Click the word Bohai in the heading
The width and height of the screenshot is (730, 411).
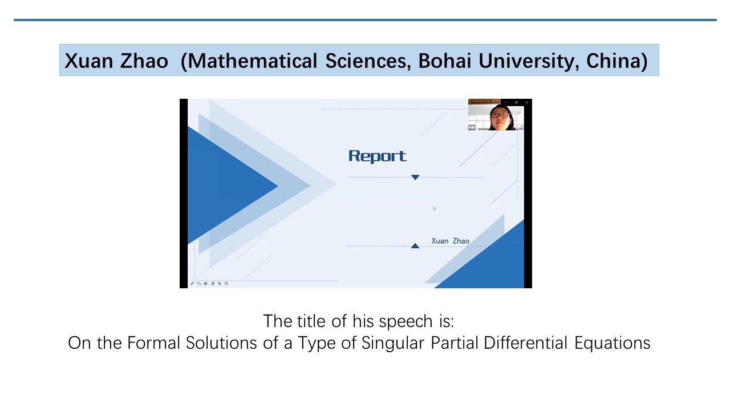click(x=445, y=61)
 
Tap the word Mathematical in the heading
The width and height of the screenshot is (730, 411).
click(x=252, y=61)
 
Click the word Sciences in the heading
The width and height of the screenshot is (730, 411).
click(x=368, y=61)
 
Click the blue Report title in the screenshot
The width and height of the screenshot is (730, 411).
click(x=377, y=156)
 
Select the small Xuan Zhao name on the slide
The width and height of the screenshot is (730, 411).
click(x=451, y=241)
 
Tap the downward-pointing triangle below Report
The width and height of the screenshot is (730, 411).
click(x=415, y=177)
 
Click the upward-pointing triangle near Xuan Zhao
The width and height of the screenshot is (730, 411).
click(x=415, y=245)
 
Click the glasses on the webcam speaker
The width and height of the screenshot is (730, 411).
click(x=499, y=115)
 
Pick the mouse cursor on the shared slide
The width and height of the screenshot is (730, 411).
click(x=435, y=208)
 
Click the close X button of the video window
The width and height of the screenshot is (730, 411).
click(x=526, y=102)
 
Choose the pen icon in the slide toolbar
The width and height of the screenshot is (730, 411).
click(x=192, y=284)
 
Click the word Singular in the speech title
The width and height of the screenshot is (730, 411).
click(x=393, y=343)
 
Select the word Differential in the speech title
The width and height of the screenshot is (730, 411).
click(x=526, y=342)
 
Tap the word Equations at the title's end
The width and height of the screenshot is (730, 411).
click(x=613, y=344)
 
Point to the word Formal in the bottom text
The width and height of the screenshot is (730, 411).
click(x=153, y=343)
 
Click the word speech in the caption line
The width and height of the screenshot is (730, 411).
click(x=405, y=321)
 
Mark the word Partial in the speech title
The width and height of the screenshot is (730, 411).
click(x=455, y=342)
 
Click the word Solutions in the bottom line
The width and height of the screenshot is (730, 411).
click(x=221, y=343)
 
